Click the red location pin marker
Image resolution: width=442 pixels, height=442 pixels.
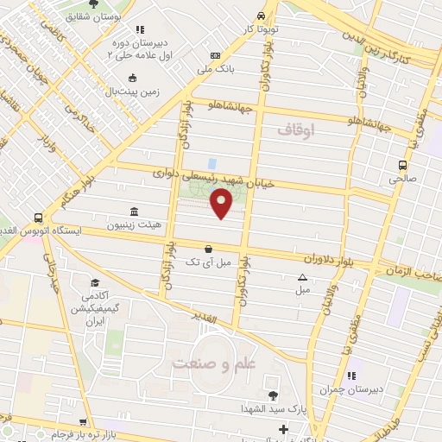pyautogui.click(x=222, y=204)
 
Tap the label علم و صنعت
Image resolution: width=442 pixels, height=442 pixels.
pyautogui.click(x=214, y=363)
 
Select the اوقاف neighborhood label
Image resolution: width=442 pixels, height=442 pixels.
pyautogui.click(x=298, y=129)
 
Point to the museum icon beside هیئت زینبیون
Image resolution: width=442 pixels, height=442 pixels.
pyautogui.click(x=134, y=212)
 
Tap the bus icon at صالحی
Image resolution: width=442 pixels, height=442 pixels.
pyautogui.click(x=402, y=165)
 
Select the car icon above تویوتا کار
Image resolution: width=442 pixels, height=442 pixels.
pyautogui.click(x=261, y=16)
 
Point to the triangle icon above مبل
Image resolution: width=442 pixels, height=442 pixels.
pyautogui.click(x=302, y=277)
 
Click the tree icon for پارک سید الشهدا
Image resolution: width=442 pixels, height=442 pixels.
pyautogui.click(x=273, y=395)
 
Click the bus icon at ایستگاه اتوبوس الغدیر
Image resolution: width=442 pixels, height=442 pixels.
pyautogui.click(x=38, y=218)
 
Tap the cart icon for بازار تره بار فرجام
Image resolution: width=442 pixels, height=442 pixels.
pyautogui.click(x=82, y=423)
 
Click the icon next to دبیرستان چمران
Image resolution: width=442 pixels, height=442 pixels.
pyautogui.click(x=350, y=376)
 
